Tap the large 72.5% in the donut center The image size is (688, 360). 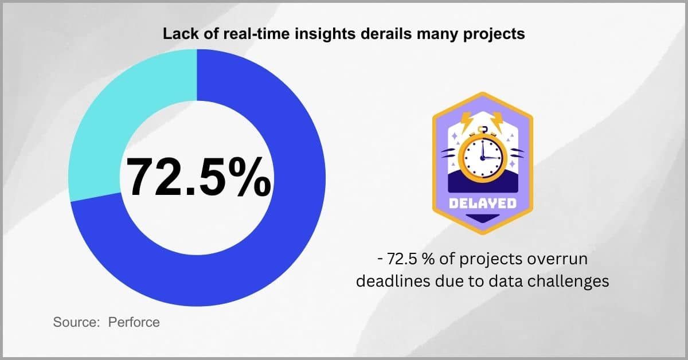click(198, 177)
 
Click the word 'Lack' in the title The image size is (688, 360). click(179, 33)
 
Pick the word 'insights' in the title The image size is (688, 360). click(325, 34)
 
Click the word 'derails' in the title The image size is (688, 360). click(386, 33)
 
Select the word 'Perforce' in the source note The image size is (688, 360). click(134, 322)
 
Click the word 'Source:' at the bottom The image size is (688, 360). click(76, 322)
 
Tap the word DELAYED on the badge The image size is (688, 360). click(483, 204)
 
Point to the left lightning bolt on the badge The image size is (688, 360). click(468, 120)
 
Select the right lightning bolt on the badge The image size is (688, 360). click(497, 120)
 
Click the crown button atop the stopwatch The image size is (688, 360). click(482, 129)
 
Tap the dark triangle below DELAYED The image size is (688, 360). click(483, 218)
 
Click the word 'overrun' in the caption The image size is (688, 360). click(557, 259)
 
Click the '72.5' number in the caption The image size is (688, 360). click(402, 259)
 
